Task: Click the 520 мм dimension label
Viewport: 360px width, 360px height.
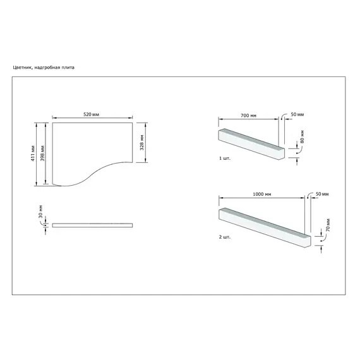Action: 91,114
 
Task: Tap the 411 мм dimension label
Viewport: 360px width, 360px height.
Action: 33,153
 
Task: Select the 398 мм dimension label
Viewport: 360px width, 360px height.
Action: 42,153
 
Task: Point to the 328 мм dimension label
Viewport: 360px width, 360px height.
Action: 142,142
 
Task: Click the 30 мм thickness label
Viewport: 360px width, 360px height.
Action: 40,212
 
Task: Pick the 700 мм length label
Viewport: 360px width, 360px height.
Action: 248,116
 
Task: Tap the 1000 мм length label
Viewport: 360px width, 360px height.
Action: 262,195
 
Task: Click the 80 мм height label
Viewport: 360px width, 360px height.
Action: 302,137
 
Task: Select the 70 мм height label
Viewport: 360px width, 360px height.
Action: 328,225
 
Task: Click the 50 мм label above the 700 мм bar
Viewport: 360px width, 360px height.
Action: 297,114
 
